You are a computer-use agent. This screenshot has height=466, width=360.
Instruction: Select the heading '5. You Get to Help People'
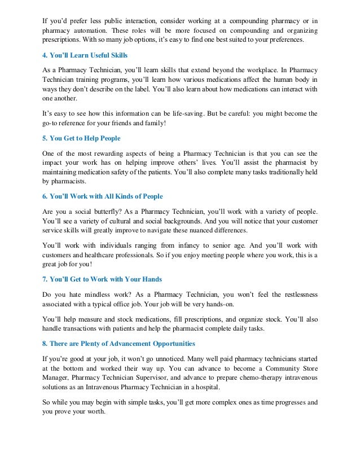click(x=81, y=138)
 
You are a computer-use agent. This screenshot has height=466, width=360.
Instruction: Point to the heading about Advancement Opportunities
click(x=118, y=343)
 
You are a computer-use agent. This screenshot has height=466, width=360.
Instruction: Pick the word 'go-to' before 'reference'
click(x=51, y=123)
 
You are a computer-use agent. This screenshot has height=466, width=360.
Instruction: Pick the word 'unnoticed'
click(x=175, y=358)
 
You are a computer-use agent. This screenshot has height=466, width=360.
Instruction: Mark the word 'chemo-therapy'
click(x=251, y=378)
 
